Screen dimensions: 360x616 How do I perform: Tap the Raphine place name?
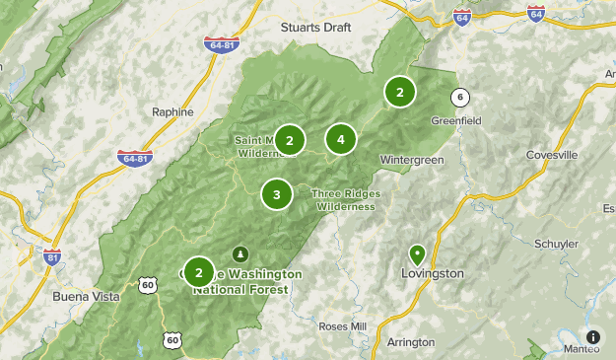tap(172, 112)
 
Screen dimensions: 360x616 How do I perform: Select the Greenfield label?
tap(455, 120)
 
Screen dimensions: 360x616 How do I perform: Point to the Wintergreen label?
tap(412, 159)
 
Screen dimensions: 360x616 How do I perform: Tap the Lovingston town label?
tap(433, 273)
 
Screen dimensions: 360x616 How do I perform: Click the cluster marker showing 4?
tap(340, 139)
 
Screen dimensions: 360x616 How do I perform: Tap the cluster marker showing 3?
tap(277, 194)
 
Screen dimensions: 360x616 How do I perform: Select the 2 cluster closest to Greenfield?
tap(400, 93)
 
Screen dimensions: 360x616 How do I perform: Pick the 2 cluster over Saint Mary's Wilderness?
tap(290, 140)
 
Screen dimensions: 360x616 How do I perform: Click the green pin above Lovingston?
tap(417, 253)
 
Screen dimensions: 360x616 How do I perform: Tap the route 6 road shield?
tap(459, 97)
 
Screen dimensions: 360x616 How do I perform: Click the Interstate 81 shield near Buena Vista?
tap(52, 257)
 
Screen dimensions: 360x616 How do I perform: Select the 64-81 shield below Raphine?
tap(134, 158)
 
